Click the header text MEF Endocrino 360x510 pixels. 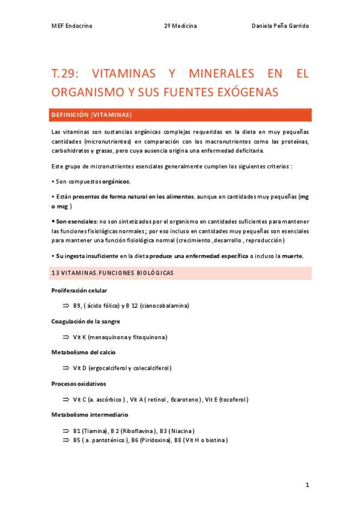click(x=72, y=26)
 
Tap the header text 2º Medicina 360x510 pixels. click(x=180, y=26)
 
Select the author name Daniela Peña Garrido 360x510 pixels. click(x=281, y=26)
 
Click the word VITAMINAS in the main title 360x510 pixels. click(x=124, y=75)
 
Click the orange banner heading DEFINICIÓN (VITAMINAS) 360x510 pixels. click(x=92, y=114)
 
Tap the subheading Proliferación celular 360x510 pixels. click(x=79, y=290)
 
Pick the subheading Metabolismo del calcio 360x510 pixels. click(x=84, y=352)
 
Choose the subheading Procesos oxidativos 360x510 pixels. click(x=79, y=383)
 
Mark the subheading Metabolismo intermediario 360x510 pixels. click(x=90, y=414)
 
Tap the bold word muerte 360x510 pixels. click(x=293, y=256)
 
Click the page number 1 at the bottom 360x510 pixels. click(x=307, y=485)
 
